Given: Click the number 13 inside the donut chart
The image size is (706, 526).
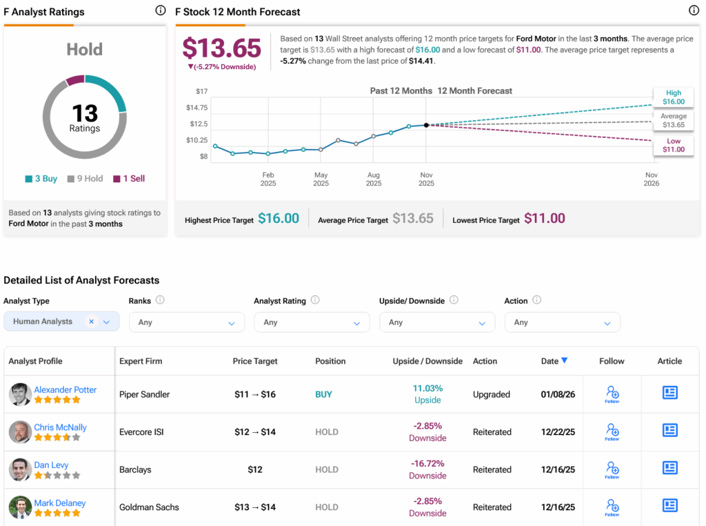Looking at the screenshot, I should point(84,113).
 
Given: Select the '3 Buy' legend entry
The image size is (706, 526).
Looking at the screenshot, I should point(41,179).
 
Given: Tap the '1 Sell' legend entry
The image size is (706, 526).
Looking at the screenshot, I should point(129,179).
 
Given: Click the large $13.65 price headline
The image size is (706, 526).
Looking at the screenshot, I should point(221,48).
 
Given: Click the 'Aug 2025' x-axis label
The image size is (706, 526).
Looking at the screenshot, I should point(373,179).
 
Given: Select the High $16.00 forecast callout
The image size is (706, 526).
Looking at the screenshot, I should point(673,97).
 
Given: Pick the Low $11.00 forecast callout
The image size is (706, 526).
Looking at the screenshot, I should point(673,145).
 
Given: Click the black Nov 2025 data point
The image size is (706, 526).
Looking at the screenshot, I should point(426,125).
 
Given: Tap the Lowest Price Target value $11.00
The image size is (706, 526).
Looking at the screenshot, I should point(544,219).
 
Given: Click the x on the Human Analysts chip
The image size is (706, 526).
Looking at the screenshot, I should point(91,322).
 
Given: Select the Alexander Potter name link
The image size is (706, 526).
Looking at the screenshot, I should point(65,390).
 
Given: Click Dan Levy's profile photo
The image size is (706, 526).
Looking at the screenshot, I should point(19,469).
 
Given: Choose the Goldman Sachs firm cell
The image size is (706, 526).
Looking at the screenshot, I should point(149,507).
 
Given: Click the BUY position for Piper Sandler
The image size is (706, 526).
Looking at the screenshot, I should point(323,395).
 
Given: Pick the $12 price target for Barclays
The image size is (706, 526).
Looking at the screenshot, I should point(255,469).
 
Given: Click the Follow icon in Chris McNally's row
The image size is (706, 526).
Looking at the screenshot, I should point(612,432).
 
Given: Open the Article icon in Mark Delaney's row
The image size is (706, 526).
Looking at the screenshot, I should point(669,505).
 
